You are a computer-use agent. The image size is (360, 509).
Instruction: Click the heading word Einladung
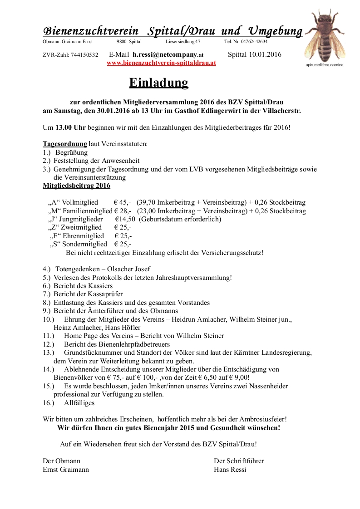[158, 83]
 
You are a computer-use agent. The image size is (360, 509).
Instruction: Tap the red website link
[161, 63]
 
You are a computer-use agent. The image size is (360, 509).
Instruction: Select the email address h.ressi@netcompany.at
[168, 54]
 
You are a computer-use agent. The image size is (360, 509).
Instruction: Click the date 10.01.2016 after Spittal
[265, 54]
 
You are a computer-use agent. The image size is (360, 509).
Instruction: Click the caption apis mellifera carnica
[325, 65]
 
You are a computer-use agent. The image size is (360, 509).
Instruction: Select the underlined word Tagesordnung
[65, 144]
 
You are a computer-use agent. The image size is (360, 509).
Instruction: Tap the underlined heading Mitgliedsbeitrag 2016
[76, 186]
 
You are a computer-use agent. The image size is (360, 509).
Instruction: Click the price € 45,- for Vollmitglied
[123, 202]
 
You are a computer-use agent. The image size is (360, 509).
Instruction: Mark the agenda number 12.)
[49, 344]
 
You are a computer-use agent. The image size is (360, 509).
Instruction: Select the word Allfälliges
[79, 402]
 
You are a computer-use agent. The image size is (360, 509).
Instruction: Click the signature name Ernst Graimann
[66, 470]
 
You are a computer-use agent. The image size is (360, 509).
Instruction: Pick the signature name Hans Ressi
[230, 470]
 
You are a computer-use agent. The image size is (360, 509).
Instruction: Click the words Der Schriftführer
[239, 461]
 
